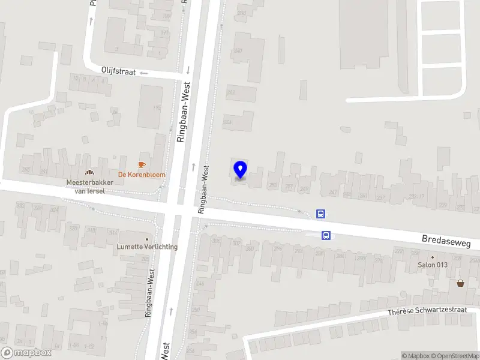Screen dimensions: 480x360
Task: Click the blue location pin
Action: [240, 170]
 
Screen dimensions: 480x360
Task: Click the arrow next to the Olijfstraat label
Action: [144, 73]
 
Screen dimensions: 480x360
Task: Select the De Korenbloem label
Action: [142, 175]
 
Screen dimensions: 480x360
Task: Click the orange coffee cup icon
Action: [142, 164]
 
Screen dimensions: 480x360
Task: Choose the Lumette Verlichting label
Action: [147, 247]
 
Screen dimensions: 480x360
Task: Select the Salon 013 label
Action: [433, 265]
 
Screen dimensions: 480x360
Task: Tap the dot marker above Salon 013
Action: [432, 256]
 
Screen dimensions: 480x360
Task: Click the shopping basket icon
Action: [460, 283]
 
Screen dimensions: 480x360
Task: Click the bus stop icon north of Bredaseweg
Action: [321, 214]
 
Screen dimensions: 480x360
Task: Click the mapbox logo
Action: [26, 352]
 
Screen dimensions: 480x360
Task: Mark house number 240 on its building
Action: [238, 50]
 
